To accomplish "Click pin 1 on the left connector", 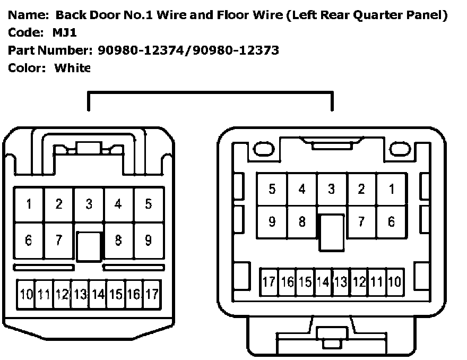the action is tap(29, 204).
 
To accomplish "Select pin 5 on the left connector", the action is tap(149, 204).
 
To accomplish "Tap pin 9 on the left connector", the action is tap(149, 241).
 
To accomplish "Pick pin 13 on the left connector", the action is tap(80, 294).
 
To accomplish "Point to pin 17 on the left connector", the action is tap(152, 294).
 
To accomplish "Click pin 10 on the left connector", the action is tap(27, 294).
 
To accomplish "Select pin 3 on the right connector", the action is tap(332, 189).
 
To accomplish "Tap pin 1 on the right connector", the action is tap(392, 189).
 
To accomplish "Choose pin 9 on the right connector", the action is tap(272, 222).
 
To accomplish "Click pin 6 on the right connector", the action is tap(392, 222).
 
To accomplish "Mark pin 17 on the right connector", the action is tap(269, 281).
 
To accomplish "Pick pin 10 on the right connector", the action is tap(394, 281).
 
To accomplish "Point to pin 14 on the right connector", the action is tap(323, 281).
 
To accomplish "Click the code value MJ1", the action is tap(65, 33).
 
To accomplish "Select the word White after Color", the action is tap(72, 68).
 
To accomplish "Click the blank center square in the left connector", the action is tap(89, 247).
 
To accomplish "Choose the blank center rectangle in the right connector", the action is tap(332, 233).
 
